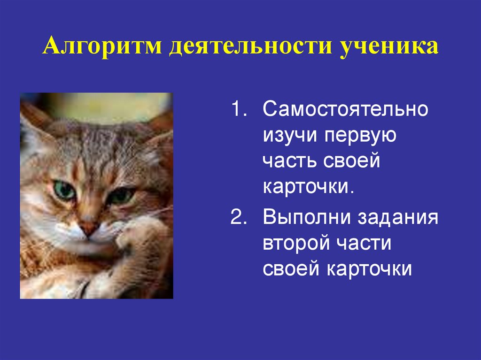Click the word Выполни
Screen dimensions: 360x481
[307, 218]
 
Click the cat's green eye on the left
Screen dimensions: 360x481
[64, 190]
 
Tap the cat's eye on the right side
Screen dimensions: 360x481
[120, 195]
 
